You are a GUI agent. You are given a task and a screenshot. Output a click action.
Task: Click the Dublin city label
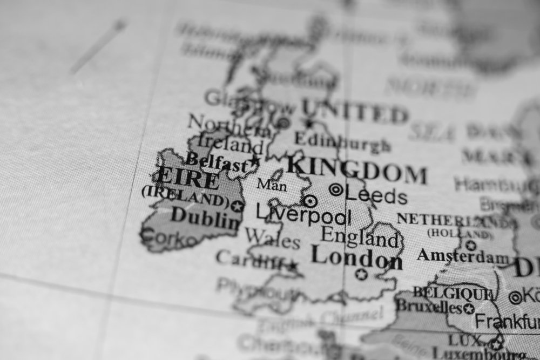[206, 218]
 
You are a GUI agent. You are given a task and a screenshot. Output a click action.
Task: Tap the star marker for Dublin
[237, 205]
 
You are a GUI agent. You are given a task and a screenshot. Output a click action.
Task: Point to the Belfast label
[217, 161]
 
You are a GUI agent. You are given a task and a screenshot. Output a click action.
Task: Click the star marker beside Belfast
[255, 160]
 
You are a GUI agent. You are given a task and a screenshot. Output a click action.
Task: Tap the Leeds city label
[376, 195]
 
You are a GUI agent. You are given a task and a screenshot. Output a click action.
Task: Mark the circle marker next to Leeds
[336, 189]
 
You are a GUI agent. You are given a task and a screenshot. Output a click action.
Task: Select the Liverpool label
[303, 215]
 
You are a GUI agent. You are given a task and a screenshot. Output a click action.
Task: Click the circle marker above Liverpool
[309, 201]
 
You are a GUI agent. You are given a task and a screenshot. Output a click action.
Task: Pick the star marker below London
[361, 274]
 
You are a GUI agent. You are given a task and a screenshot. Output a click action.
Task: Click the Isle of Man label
[272, 185]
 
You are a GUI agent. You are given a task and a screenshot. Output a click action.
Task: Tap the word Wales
[272, 238]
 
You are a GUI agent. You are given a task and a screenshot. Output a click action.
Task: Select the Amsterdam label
[463, 256]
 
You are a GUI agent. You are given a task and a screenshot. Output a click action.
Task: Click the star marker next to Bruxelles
[469, 309]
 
